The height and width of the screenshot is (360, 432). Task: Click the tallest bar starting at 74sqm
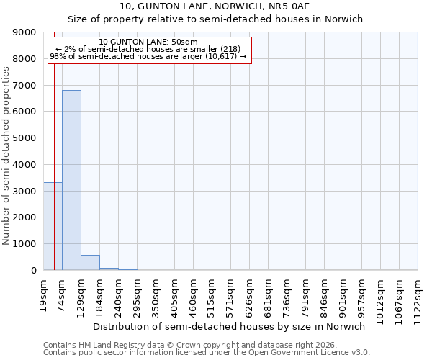click(x=71, y=180)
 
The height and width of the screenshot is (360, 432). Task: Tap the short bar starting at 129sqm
click(x=90, y=263)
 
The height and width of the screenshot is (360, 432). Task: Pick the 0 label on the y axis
click(x=33, y=271)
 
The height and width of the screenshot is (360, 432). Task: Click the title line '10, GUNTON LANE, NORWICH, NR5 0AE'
click(x=215, y=7)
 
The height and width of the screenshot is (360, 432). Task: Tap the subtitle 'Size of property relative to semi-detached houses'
click(x=215, y=19)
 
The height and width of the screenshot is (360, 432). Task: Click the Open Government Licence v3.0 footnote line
click(x=207, y=353)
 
